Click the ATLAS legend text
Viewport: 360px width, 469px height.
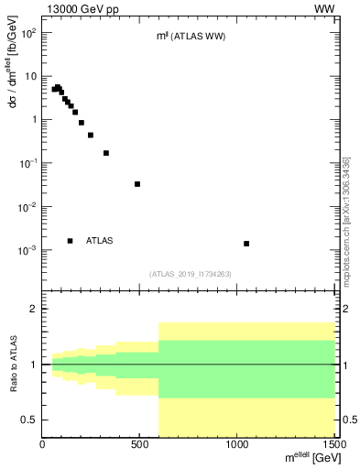pyautogui.click(x=100, y=241)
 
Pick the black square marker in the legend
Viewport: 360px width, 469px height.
pyautogui.click(x=71, y=241)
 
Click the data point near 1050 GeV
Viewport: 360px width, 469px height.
pyautogui.click(x=246, y=244)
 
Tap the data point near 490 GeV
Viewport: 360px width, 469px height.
pyautogui.click(x=137, y=184)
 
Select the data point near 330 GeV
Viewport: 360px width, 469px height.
pyautogui.click(x=106, y=153)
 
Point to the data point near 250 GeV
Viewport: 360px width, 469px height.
pyautogui.click(x=91, y=135)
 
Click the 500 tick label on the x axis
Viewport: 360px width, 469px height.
pyautogui.click(x=139, y=445)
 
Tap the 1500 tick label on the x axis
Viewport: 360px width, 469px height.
pyautogui.click(x=334, y=445)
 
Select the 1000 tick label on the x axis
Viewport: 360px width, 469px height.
pyautogui.click(x=236, y=445)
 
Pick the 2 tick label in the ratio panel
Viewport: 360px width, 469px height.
pyautogui.click(x=33, y=309)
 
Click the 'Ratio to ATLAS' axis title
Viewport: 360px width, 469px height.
pyautogui.click(x=14, y=365)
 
